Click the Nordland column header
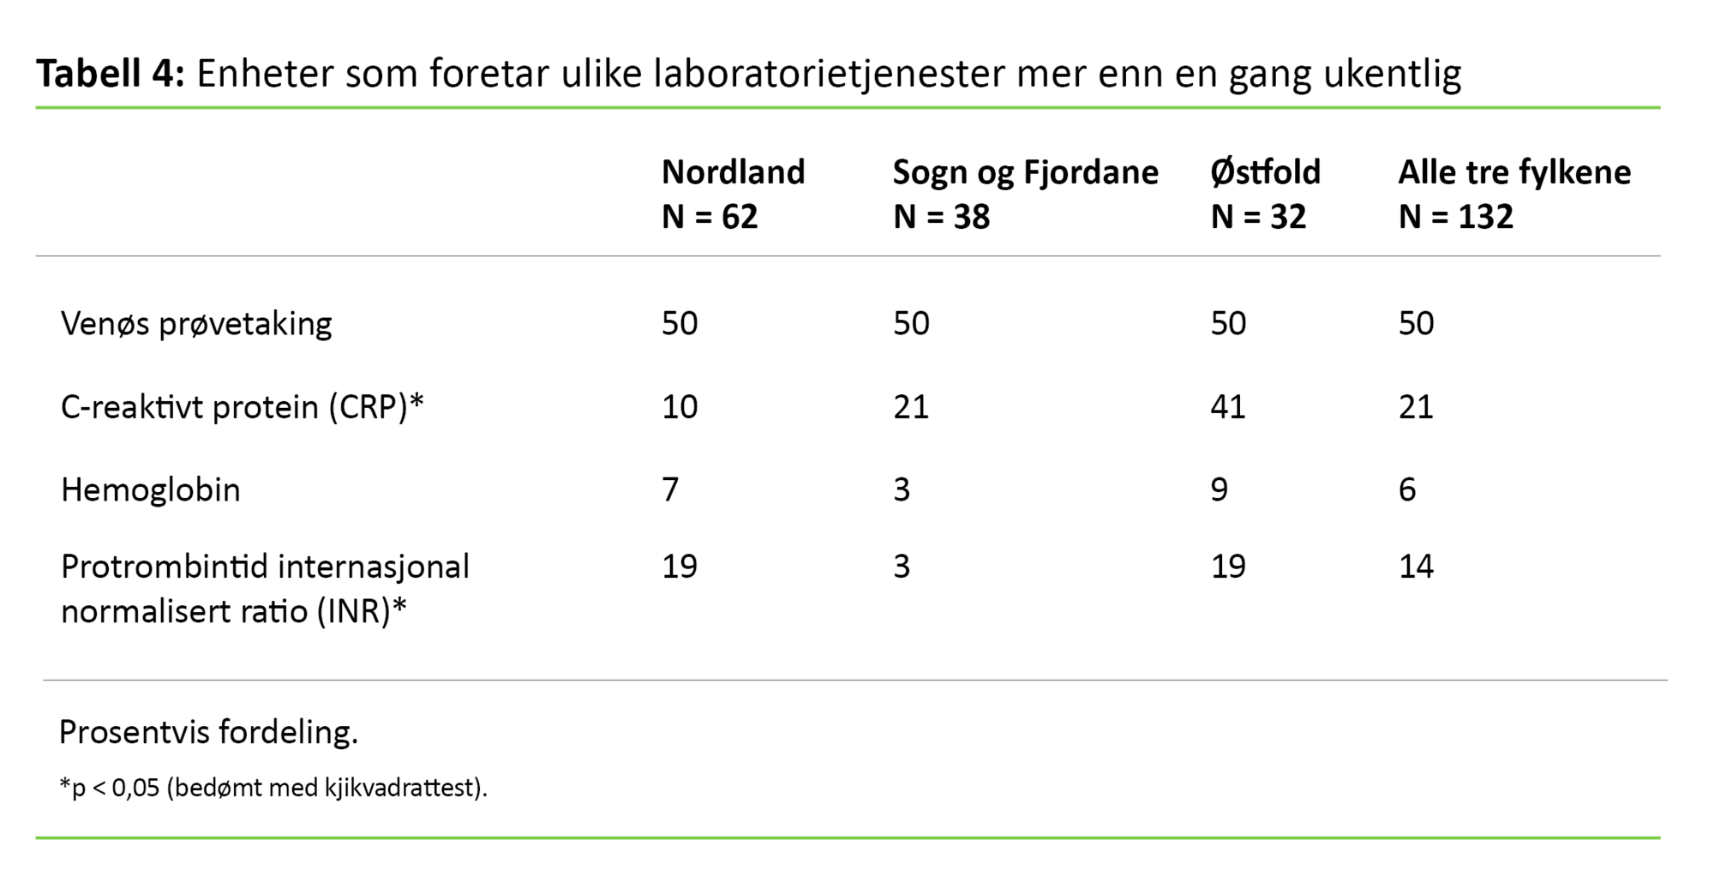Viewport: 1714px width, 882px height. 733,172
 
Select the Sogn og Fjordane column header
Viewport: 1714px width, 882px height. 1025,172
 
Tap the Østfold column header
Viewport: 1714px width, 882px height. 1265,172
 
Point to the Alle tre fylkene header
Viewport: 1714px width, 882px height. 1514,172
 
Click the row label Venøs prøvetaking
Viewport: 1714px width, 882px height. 196,324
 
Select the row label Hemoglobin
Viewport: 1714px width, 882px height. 151,489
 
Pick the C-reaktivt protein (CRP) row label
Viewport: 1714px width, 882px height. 242,406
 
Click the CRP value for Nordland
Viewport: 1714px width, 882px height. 680,406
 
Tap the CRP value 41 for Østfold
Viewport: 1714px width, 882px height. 1228,406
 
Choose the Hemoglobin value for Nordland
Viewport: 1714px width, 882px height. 670,489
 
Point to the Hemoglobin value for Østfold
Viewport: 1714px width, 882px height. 1219,489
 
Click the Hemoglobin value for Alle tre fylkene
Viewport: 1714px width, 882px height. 1407,489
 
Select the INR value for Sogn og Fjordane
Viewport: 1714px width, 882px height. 902,567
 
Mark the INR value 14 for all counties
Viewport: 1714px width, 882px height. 1416,567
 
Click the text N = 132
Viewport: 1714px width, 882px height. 1455,217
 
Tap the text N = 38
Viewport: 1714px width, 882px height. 941,217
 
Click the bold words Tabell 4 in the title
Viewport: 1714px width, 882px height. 110,74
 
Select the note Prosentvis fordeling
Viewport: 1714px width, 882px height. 208,732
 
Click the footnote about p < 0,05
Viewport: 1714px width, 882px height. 273,788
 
